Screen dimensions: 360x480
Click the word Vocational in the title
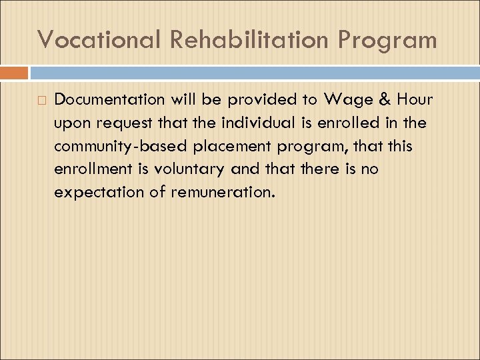(99, 39)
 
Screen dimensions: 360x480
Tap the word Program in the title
(387, 41)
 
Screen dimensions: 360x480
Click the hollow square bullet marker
(41, 101)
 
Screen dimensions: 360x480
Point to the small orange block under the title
(14, 73)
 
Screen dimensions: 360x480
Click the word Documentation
(109, 100)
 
